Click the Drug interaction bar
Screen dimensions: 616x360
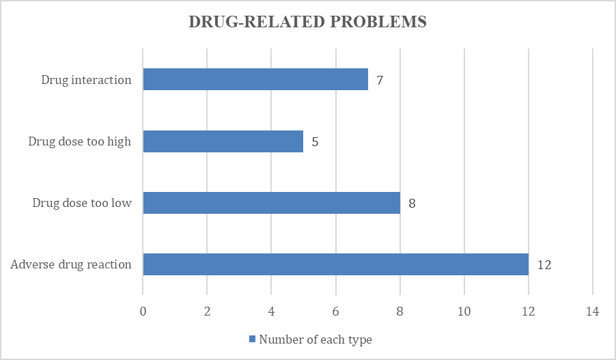(x=255, y=79)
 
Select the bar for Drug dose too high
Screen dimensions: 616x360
(x=223, y=141)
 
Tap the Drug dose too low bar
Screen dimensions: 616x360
(x=272, y=203)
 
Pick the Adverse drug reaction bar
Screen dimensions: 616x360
(x=336, y=264)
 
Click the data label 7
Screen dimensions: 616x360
(x=380, y=80)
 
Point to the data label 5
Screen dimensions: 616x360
(x=315, y=142)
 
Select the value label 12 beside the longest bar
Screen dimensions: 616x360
(x=544, y=265)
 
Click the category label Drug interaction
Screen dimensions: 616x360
(x=87, y=80)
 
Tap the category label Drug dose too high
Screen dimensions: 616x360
(x=80, y=141)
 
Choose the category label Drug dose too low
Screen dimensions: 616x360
(x=82, y=203)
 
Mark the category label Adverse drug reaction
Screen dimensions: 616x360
(x=71, y=264)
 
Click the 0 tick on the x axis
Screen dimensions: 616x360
(x=143, y=311)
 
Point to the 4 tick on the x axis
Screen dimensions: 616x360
(x=272, y=311)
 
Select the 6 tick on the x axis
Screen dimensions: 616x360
(x=335, y=311)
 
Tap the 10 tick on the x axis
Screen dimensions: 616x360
(x=464, y=311)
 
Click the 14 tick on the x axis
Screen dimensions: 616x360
(x=592, y=311)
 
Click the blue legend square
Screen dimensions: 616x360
(x=252, y=339)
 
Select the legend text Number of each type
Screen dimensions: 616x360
(x=316, y=340)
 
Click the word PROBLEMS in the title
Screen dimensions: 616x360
(x=378, y=22)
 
